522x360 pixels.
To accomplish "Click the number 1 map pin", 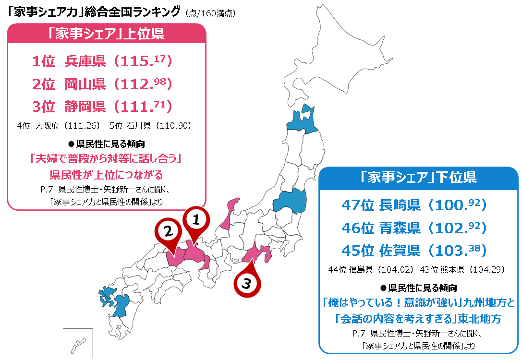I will pos(195,221).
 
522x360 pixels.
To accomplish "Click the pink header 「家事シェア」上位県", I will pos(106,34).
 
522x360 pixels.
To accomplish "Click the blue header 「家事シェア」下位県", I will pos(419,178).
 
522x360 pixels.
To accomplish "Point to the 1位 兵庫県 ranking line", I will pos(102,61).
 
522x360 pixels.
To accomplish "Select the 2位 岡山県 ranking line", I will pos(102,84).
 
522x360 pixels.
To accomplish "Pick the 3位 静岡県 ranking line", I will pos(102,106).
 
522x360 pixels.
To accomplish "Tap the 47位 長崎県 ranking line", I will pos(414,205).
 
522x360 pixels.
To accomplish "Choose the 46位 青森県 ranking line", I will pos(414,228).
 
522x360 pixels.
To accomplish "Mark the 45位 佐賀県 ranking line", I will pos(414,250).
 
